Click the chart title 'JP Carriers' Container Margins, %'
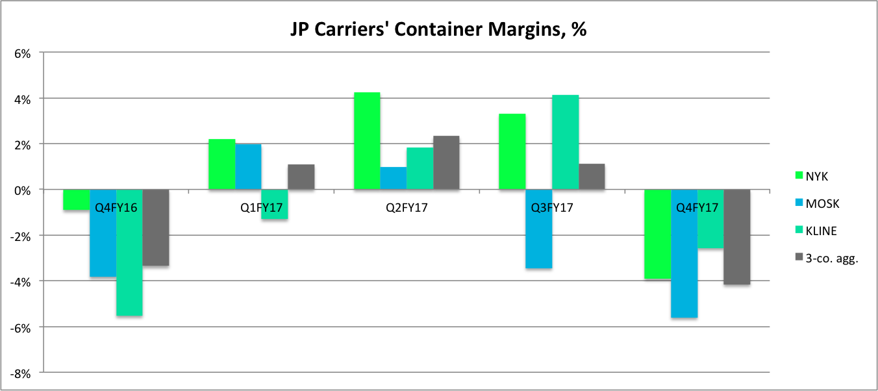coord(438,30)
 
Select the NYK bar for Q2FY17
coord(367,141)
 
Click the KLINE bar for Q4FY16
coord(129,253)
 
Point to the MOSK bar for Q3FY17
coord(538,229)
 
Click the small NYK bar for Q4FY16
coord(76,200)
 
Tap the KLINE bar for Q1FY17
coord(274,205)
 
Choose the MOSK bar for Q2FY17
coord(394,178)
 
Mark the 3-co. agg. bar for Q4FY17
coord(737,237)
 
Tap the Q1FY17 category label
coord(261,208)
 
